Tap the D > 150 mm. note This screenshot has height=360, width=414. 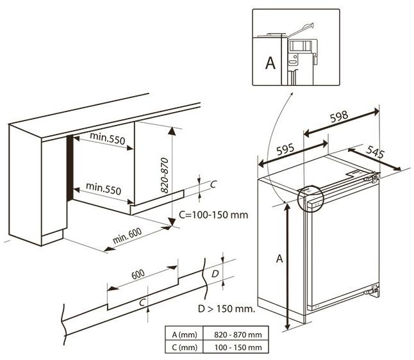pyautogui.click(x=227, y=309)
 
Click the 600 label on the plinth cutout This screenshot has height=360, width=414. pyautogui.click(x=138, y=274)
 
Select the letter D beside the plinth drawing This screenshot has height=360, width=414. pyautogui.click(x=215, y=274)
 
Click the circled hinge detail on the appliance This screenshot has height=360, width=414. pyautogui.click(x=311, y=198)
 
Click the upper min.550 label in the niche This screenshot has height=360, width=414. pyautogui.click(x=107, y=138)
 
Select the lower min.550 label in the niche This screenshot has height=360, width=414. pyautogui.click(x=104, y=190)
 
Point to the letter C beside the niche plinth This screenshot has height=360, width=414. pyautogui.click(x=213, y=184)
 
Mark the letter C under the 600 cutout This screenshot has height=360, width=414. pyautogui.click(x=143, y=302)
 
